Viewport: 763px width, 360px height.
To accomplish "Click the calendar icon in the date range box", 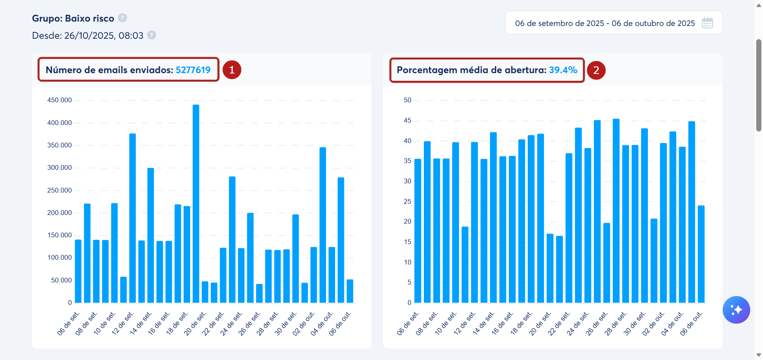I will point(707,23).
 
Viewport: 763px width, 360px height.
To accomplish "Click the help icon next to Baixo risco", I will point(123,18).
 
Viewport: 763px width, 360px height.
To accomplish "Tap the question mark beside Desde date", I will point(151,35).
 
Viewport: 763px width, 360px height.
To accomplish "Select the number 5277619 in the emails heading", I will point(193,70).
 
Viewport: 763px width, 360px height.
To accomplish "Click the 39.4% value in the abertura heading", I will point(563,70).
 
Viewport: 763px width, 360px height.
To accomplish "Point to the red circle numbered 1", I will point(232,70).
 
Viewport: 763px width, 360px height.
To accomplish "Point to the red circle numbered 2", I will point(596,70).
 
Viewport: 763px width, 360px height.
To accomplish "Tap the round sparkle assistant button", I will point(736,310).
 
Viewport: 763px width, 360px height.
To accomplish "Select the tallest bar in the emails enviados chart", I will point(196,204).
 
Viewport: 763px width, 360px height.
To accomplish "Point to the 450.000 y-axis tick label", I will point(60,100).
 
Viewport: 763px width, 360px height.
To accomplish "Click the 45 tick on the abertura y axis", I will point(407,120).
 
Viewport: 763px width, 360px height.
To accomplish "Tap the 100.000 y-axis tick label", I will point(60,257).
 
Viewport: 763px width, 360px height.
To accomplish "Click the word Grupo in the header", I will point(46,18).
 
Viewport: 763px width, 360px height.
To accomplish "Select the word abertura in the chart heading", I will point(525,70).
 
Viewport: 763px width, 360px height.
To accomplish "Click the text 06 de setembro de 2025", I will point(559,23).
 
